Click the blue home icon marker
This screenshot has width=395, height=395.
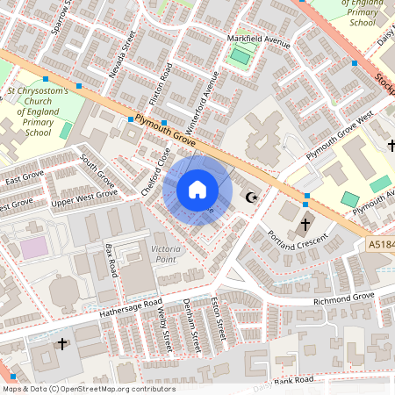pyautogui.click(x=197, y=190)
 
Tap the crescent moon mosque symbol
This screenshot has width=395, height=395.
pyautogui.click(x=255, y=197)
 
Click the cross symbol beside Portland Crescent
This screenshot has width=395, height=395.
pyautogui.click(x=305, y=224)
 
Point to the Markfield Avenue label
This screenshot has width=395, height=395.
pyautogui.click(x=258, y=40)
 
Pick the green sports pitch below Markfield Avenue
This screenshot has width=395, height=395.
pyautogui.click(x=240, y=58)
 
